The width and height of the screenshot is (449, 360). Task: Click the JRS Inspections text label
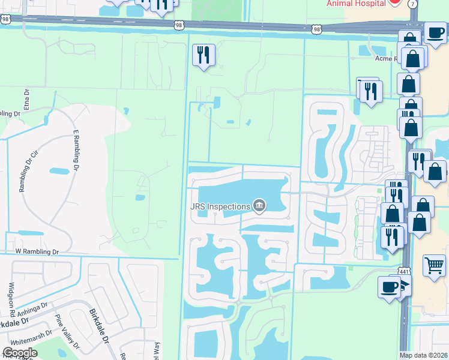220,207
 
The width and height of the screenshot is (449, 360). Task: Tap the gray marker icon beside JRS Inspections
259,206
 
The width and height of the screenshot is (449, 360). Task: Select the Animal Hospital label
356,3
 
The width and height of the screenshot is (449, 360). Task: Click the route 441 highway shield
405,273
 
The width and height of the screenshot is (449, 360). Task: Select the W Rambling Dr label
38,252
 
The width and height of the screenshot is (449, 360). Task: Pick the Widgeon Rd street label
12,300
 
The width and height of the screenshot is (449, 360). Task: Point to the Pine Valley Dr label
67,331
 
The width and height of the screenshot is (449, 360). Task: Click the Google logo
20,353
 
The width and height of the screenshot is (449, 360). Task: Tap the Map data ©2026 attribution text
423,355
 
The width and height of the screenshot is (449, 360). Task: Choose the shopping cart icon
434,264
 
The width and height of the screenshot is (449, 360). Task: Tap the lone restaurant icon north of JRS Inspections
203,55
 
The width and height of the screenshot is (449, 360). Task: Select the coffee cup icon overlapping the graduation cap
388,286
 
